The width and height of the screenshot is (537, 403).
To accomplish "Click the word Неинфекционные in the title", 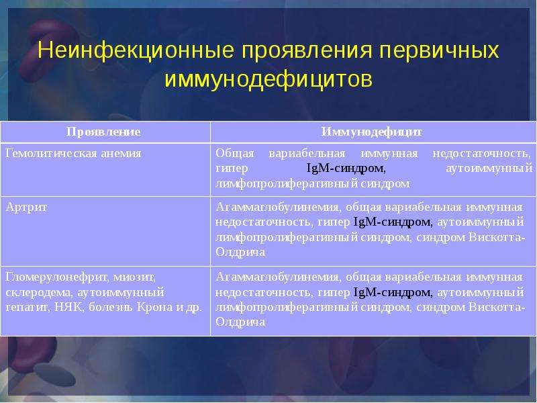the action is [x=136, y=50].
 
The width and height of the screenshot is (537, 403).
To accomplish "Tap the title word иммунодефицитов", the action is [x=268, y=80].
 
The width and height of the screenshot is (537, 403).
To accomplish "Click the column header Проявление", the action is [x=103, y=132].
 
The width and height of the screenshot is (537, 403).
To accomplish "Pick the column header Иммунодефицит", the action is [x=372, y=132].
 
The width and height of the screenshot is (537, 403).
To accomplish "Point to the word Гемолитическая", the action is [x=51, y=153].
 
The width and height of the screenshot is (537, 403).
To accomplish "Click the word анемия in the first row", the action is [x=121, y=153].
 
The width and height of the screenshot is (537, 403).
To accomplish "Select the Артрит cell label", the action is [x=26, y=208].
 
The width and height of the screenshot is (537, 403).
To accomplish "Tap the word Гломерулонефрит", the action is [x=57, y=277].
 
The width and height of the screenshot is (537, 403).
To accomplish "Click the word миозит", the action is [x=135, y=277].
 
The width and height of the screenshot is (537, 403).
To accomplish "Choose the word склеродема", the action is [x=39, y=293].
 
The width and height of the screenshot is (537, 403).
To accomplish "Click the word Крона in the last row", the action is [x=155, y=307].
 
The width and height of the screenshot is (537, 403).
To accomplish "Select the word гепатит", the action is [x=28, y=308].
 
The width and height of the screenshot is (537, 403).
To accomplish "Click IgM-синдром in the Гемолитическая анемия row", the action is [x=346, y=169].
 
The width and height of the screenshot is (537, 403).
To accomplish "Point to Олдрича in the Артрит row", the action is [x=240, y=253].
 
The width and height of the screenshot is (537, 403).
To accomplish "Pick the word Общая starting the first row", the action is [x=235, y=154].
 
